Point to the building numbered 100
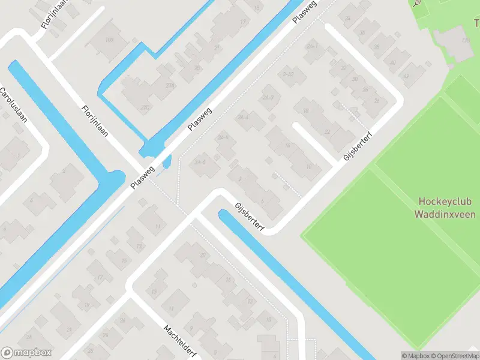109,40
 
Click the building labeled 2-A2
289,74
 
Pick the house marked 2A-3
268,97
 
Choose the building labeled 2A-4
243,118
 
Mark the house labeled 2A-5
224,138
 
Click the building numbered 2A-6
200,161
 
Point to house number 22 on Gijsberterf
327,131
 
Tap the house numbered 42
406,76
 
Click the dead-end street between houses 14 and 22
313,144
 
